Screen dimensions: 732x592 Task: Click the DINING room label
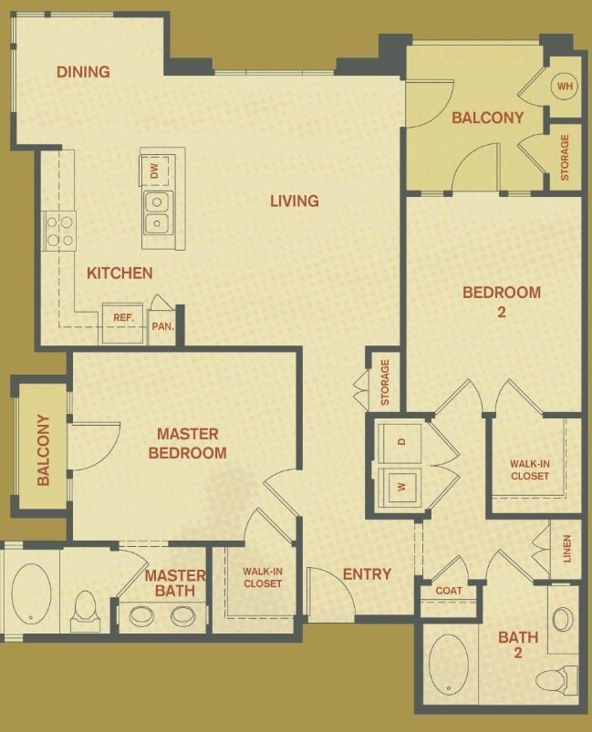point(83,72)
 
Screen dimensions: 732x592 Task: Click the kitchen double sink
point(157,212)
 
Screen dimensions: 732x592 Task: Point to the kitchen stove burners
point(60,230)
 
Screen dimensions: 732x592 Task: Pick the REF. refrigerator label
point(124,318)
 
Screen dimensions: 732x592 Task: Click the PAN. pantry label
point(161,325)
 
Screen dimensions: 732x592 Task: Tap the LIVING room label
point(294,201)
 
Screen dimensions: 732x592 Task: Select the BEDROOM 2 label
point(501,302)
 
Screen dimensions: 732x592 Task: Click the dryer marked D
point(401,442)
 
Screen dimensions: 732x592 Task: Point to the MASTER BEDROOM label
point(191,443)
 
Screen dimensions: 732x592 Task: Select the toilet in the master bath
point(85,610)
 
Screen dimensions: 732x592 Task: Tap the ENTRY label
point(367,574)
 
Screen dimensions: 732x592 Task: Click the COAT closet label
point(448,591)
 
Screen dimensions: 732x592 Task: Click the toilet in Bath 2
point(555,678)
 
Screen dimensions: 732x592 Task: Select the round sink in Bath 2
point(563,619)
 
